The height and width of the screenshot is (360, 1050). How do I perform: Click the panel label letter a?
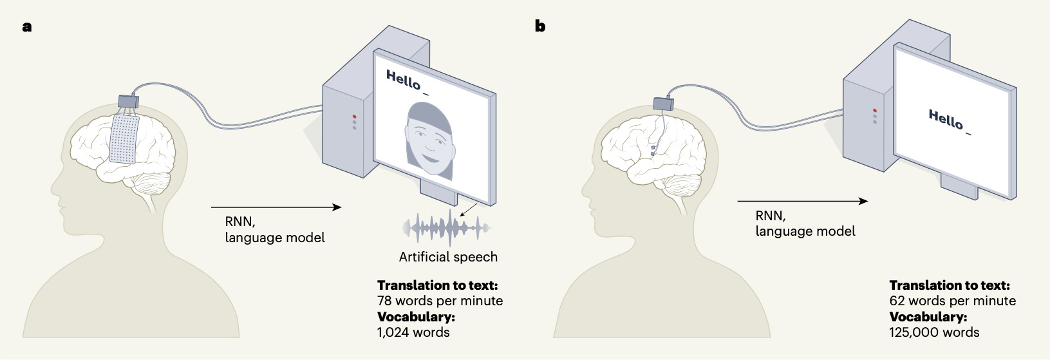pyautogui.click(x=26, y=27)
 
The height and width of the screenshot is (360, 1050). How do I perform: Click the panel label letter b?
pyautogui.click(x=540, y=26)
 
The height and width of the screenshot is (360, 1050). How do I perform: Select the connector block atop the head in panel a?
pyautogui.click(x=128, y=101)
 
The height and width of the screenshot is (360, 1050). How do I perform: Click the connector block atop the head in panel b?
pyautogui.click(x=663, y=103)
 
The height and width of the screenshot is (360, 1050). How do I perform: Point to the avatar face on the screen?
pyautogui.click(x=427, y=142)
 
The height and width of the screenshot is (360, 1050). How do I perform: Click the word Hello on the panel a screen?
pyautogui.click(x=403, y=81)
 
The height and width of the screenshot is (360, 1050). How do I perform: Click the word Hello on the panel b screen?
pyautogui.click(x=945, y=119)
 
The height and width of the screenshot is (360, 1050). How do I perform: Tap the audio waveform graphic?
pyautogui.click(x=447, y=227)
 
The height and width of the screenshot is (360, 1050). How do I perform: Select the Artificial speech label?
pyautogui.click(x=448, y=257)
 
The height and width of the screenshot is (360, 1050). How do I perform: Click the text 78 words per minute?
pyautogui.click(x=440, y=301)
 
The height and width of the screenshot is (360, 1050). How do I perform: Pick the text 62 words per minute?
pyautogui.click(x=952, y=301)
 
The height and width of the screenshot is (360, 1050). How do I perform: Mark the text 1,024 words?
pyautogui.click(x=413, y=332)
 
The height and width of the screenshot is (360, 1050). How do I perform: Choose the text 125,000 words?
pyautogui.click(x=934, y=332)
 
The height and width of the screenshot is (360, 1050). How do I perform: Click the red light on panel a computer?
pyautogui.click(x=354, y=117)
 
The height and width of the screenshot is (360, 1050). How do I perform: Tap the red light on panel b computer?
pyautogui.click(x=874, y=111)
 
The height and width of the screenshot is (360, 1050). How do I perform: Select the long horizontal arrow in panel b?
pyautogui.click(x=802, y=202)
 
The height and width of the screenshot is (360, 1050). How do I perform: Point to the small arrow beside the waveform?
pyautogui.click(x=469, y=209)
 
